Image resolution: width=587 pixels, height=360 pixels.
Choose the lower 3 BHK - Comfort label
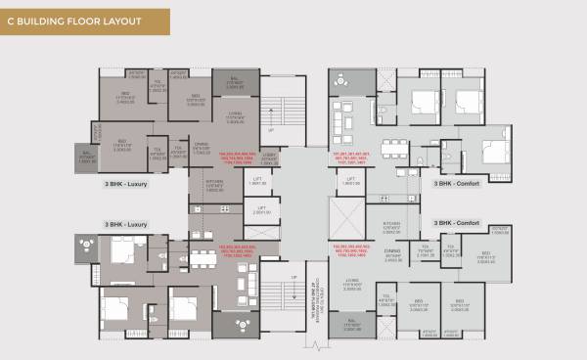457,224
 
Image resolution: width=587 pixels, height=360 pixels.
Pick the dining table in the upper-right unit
393,149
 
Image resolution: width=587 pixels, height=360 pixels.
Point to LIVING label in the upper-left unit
235,114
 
